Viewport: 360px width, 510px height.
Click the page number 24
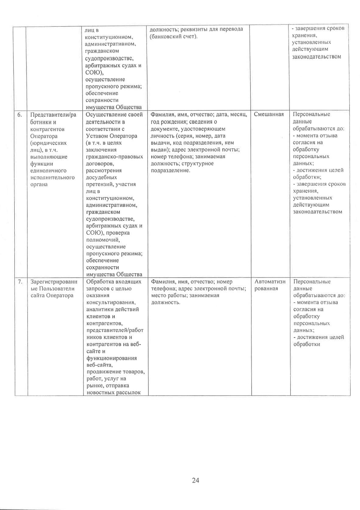coord(196,480)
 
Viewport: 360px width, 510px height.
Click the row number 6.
coord(19,115)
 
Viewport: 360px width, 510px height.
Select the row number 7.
coord(20,282)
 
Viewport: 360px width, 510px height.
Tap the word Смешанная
coord(269,114)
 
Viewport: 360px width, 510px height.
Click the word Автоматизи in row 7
coord(270,282)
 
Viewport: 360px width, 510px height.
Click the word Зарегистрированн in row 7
coord(54,282)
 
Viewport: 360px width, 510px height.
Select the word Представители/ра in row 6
coord(53,115)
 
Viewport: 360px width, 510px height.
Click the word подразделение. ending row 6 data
coord(171,171)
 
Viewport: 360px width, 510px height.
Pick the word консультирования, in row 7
coord(111,303)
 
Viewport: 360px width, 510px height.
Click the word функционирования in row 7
coord(111,358)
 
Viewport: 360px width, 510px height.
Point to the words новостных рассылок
coord(113,393)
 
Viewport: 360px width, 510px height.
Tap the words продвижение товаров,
coord(115,372)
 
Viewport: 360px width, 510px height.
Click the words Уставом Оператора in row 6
coord(111,136)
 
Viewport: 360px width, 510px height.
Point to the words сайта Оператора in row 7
coord(52,296)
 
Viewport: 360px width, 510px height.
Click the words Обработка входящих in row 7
coord(114,282)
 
